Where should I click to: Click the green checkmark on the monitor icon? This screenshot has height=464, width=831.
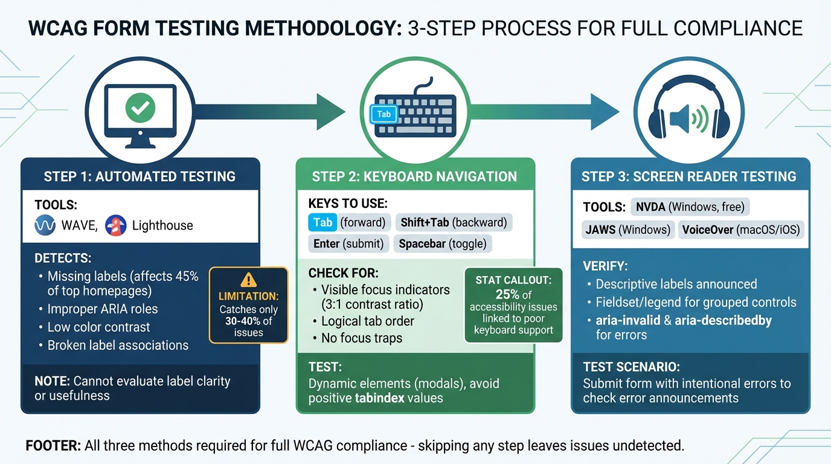(140, 109)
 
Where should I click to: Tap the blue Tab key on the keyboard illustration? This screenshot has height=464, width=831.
(383, 114)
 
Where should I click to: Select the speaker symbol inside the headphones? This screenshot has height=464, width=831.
(681, 118)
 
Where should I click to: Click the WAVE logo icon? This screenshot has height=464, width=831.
(46, 226)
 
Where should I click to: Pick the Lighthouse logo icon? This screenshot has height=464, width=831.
(115, 226)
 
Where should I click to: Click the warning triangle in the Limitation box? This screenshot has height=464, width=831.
(248, 280)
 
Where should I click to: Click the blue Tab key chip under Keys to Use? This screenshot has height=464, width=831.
(322, 222)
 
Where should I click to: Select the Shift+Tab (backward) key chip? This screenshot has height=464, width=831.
(454, 222)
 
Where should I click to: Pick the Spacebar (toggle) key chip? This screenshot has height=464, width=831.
(443, 243)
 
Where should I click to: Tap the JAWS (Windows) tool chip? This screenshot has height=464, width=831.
(627, 230)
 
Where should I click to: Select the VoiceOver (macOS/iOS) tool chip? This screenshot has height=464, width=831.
(741, 230)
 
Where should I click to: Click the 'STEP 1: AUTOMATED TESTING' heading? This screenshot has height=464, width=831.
(140, 176)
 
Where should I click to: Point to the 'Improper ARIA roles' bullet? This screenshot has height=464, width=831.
(102, 309)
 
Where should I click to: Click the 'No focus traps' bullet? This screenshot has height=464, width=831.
(361, 338)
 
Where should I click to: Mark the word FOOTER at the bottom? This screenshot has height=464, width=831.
(53, 446)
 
